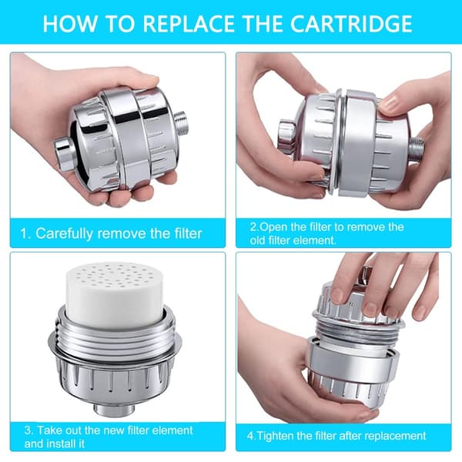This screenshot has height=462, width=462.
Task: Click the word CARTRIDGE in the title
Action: pos(351,24)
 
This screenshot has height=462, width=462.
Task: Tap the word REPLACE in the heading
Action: pos(189,24)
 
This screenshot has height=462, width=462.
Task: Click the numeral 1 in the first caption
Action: pos(24,233)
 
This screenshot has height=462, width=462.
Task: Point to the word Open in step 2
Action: pos(273,227)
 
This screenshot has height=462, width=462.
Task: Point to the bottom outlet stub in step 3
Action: pos(115,408)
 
